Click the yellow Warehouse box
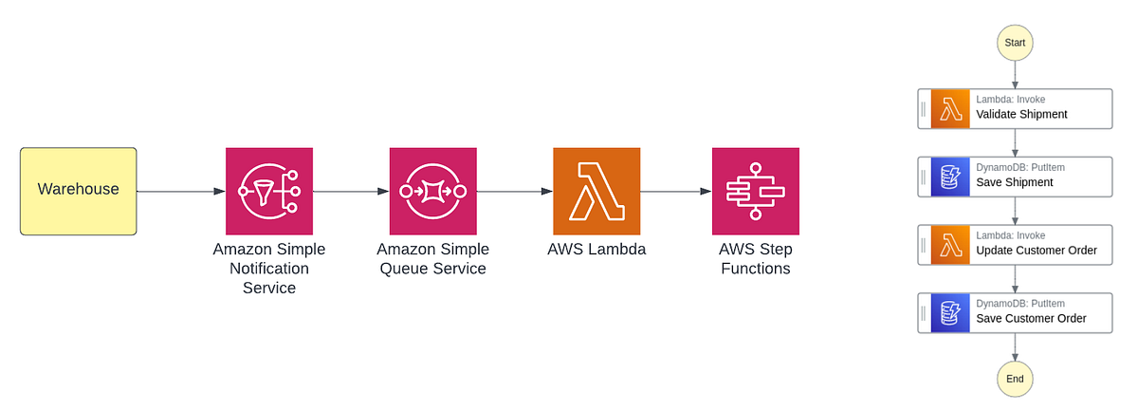[78, 191]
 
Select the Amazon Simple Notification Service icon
[268, 191]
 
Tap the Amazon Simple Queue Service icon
[433, 191]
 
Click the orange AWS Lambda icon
[597, 191]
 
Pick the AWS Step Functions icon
[756, 191]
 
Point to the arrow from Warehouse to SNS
[180, 191]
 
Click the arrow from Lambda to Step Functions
[676, 191]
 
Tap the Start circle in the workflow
[1015, 43]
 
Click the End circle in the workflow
[1015, 379]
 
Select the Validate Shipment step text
[1021, 115]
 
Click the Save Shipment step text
[1014, 182]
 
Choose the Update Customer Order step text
[1036, 251]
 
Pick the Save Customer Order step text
[1031, 319]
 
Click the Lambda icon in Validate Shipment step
[949, 108]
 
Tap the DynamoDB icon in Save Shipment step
[949, 177]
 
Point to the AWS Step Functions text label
[756, 259]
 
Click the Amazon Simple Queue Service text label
[433, 259]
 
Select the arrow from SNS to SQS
[351, 191]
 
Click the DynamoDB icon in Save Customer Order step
[949, 312]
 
